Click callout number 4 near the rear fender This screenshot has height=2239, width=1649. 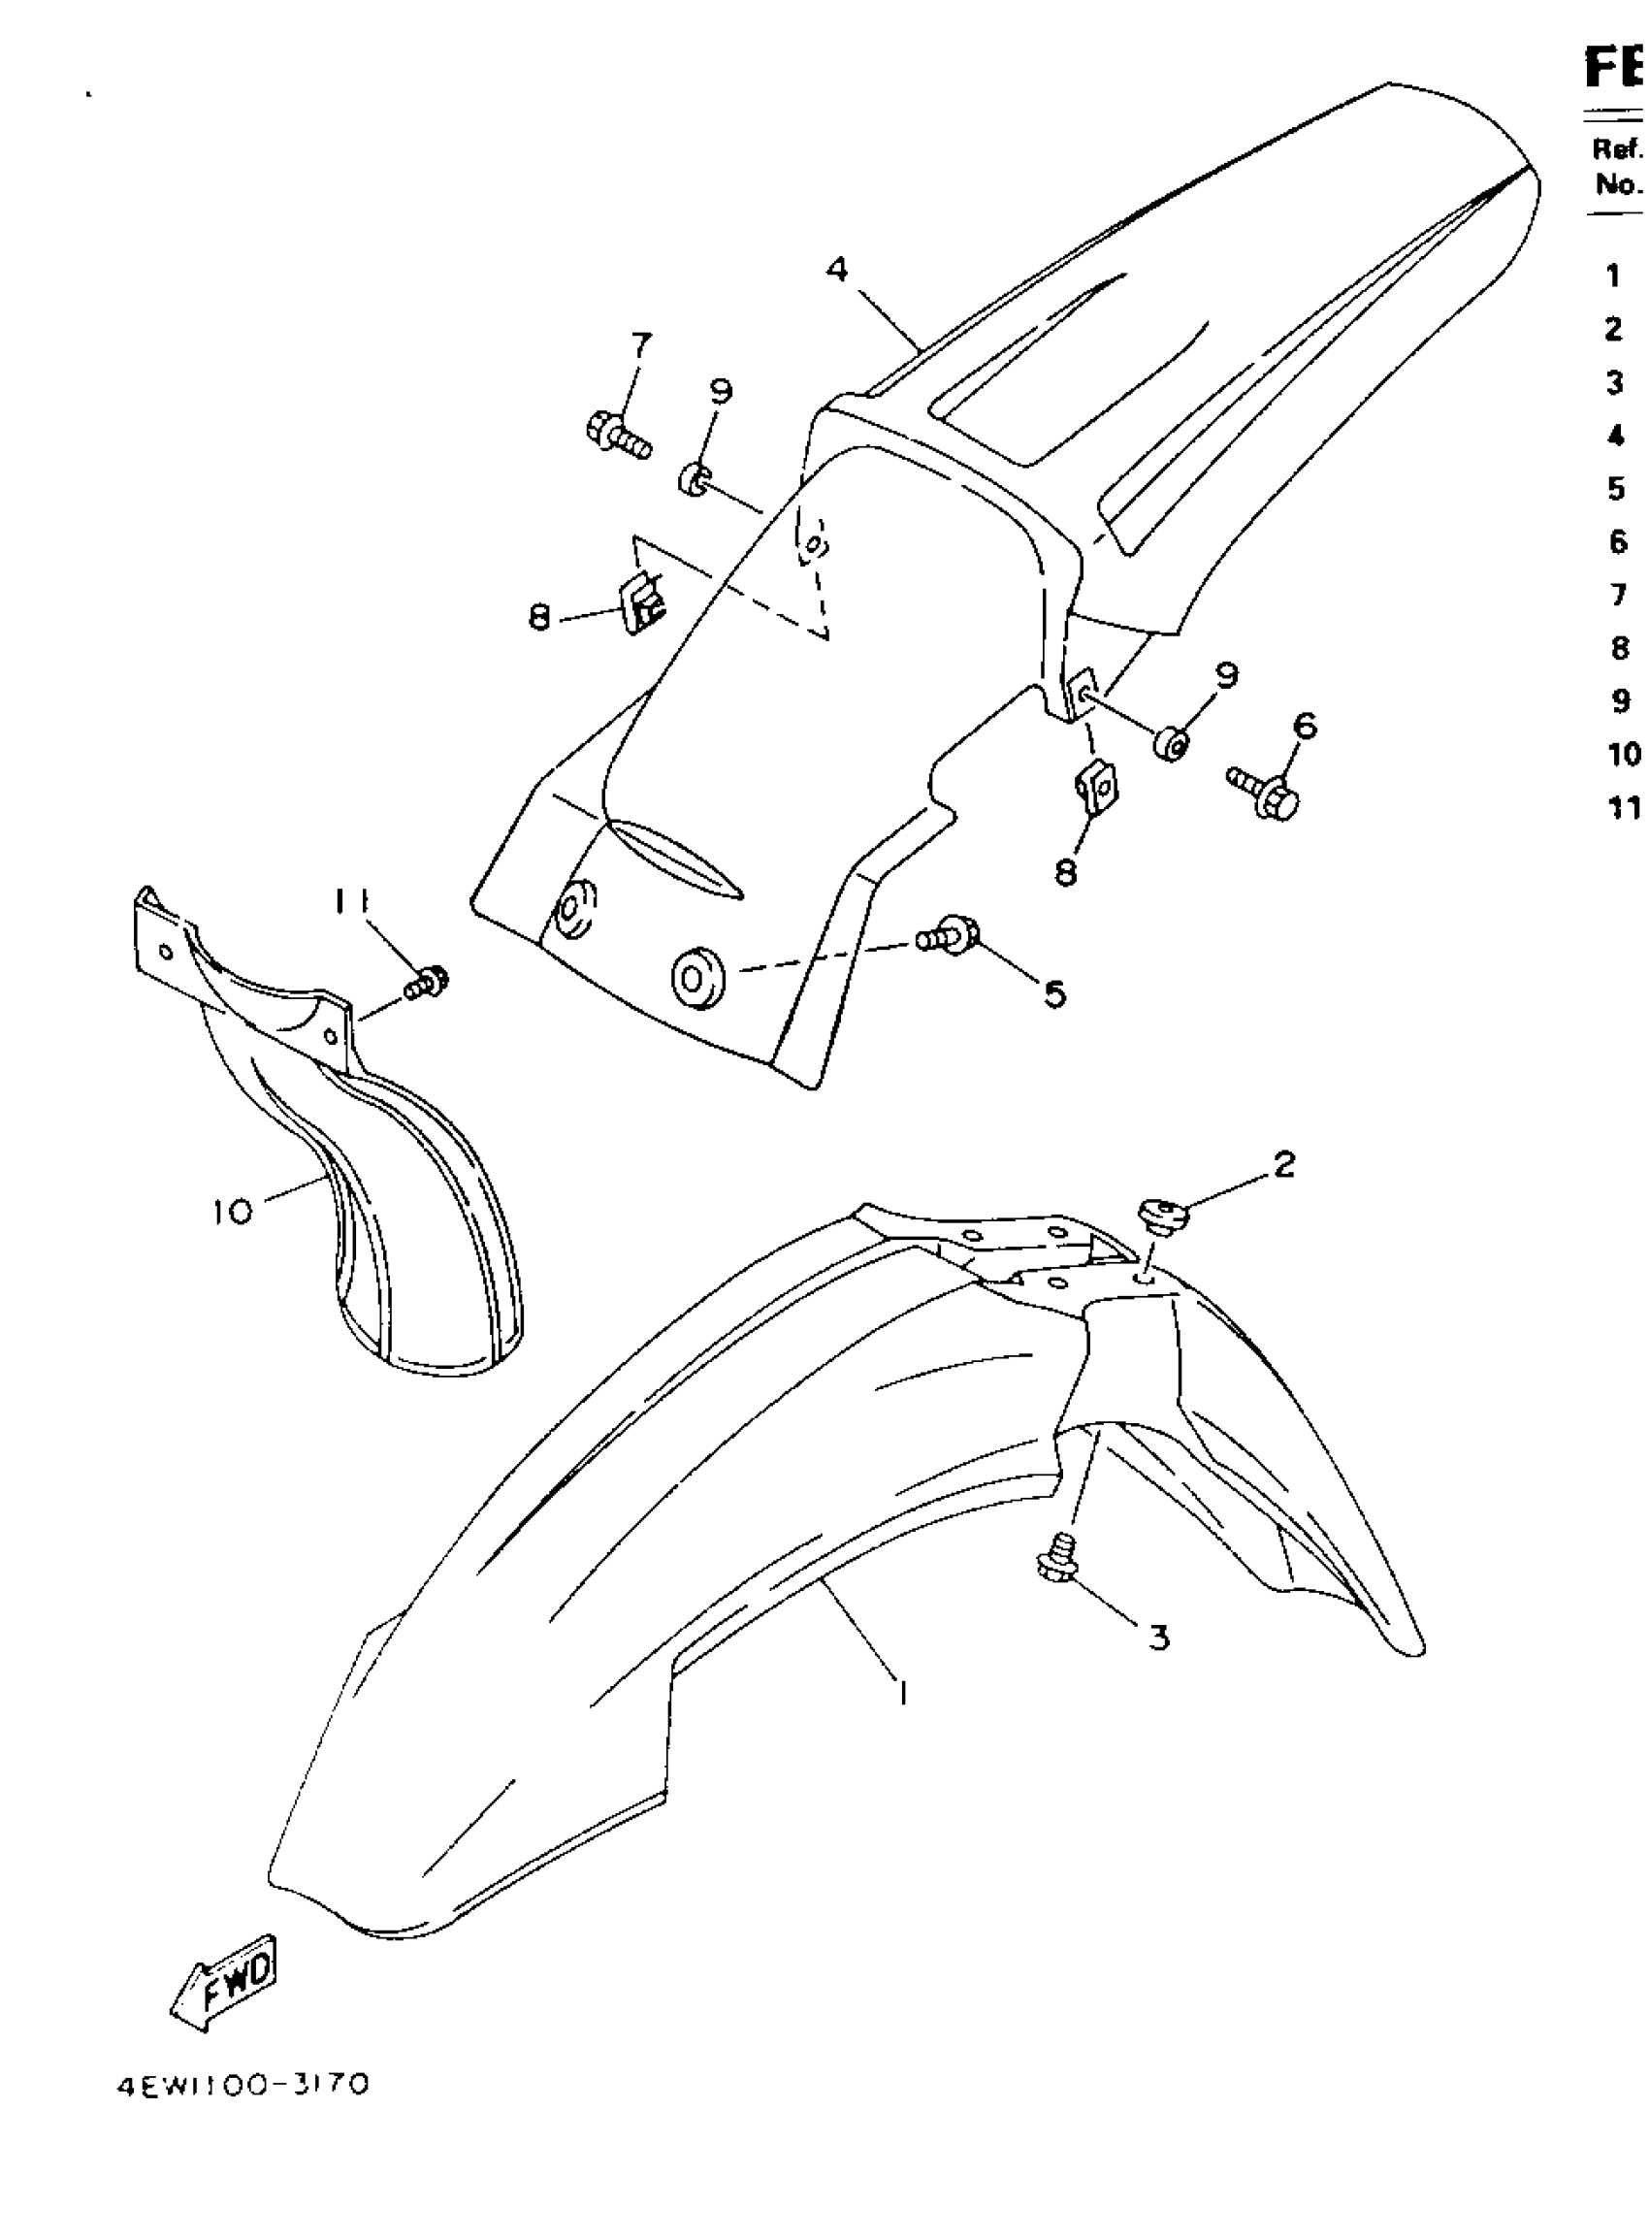point(837,269)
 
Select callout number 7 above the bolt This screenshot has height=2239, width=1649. point(641,345)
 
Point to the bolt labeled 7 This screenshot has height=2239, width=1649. point(617,435)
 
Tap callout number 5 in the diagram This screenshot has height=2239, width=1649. point(1055,993)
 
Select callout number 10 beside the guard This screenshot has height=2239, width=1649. point(233,1212)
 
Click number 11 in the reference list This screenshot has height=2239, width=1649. point(1624,806)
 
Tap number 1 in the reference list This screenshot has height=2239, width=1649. point(1613,276)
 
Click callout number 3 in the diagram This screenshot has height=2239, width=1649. point(1158,1638)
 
